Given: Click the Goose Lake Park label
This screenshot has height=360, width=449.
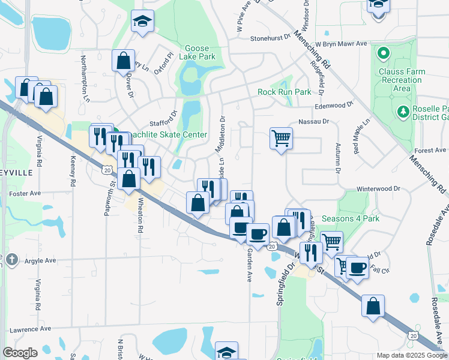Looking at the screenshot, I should click(200, 52).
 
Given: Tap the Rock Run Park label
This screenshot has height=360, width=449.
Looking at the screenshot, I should click(285, 92).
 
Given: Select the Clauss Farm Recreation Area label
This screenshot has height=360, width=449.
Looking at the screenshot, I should click(402, 80).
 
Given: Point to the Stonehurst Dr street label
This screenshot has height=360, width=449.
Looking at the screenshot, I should click(270, 37).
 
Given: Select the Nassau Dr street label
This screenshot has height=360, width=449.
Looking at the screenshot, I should click(318, 121).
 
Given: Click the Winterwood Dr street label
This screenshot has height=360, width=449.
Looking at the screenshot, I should click(378, 188).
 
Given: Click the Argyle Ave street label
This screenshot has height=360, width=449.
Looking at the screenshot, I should click(40, 260).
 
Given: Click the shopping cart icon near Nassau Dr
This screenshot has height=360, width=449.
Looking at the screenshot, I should click(281, 139).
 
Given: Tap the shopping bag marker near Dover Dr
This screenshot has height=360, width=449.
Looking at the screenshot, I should click(123, 60).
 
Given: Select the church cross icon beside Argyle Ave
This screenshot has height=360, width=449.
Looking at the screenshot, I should click(12, 260).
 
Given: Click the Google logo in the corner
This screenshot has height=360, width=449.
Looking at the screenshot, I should click(20, 353).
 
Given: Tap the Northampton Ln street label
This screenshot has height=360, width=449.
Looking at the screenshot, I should click(85, 75).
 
